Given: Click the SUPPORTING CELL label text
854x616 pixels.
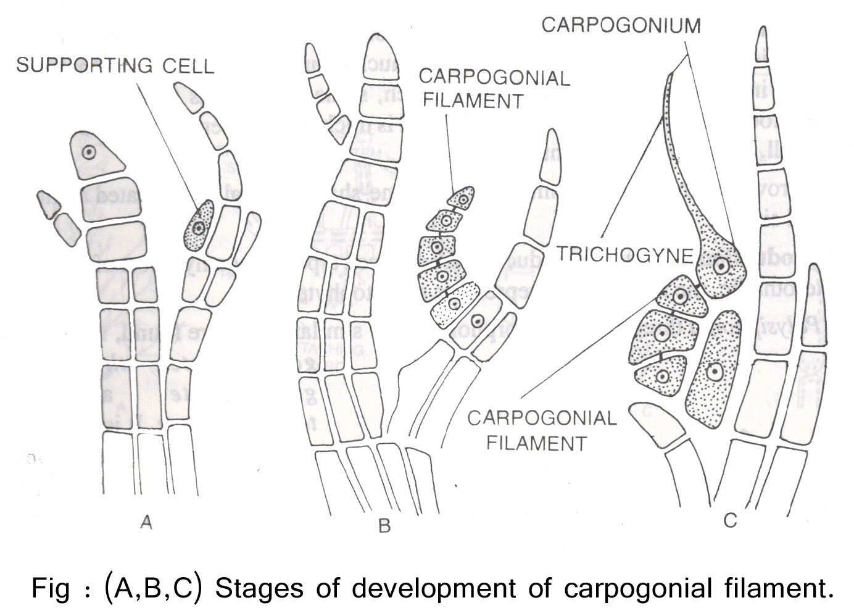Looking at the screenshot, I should (115, 65).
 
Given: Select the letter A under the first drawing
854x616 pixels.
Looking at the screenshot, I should (146, 522).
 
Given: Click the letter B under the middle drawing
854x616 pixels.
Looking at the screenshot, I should (384, 526).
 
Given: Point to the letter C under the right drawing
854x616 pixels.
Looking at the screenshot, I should (730, 520).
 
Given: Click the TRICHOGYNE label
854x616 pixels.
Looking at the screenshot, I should (625, 254).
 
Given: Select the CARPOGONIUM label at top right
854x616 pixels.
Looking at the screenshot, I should (621, 25).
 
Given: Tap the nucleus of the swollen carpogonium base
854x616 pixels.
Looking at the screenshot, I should (720, 267).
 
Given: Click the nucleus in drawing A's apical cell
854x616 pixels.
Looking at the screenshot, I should (89, 151).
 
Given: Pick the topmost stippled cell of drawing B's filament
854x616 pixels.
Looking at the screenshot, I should (462, 198).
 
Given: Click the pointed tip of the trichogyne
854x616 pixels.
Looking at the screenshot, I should (669, 77).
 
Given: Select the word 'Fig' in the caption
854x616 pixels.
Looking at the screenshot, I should (50, 588).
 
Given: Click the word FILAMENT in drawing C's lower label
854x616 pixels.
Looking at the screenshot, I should (536, 443).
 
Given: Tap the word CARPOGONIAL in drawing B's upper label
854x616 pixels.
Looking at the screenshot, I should (494, 78).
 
